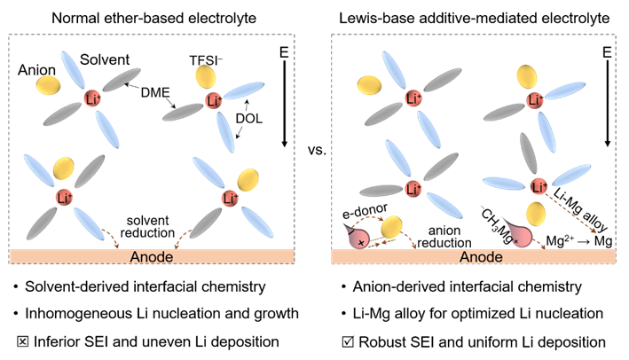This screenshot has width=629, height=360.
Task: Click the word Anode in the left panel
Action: pyautogui.click(x=151, y=257)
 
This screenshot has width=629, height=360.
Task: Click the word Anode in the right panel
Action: pyautogui.click(x=481, y=257)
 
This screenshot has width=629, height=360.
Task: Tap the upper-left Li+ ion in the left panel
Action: pyautogui.click(x=91, y=98)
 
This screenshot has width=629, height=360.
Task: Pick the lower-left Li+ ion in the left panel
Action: pyautogui.click(x=64, y=196)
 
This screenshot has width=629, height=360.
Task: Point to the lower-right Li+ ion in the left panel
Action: pyautogui.click(x=229, y=197)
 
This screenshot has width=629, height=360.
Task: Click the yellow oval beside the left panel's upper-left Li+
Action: pyautogui.click(x=48, y=85)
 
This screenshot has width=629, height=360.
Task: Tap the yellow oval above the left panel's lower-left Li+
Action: pyautogui.click(x=64, y=168)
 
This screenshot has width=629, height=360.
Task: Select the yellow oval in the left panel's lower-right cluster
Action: pyautogui.click(x=248, y=179)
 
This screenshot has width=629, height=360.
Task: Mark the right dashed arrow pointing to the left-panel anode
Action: pyautogui.click(x=183, y=237)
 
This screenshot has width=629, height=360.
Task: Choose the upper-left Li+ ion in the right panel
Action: pyautogui.click(x=411, y=98)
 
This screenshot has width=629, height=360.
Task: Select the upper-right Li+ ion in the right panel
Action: pyautogui.click(x=535, y=100)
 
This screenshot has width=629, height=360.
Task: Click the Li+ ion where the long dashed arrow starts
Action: pyautogui.click(x=539, y=186)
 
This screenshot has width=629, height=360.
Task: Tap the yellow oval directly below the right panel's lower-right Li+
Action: pyautogui.click(x=535, y=214)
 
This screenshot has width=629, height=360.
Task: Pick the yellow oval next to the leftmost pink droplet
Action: pyautogui.click(x=391, y=227)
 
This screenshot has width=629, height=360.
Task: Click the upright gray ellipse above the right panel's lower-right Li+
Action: pyautogui.click(x=528, y=153)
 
